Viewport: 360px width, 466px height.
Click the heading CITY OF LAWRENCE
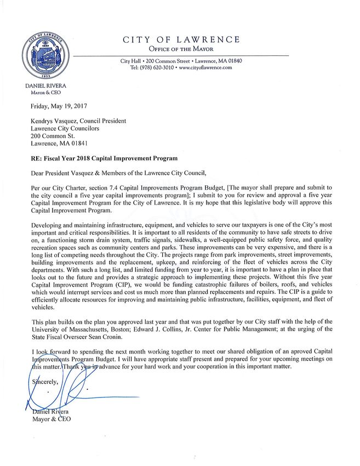181,39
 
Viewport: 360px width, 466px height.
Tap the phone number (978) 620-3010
152,67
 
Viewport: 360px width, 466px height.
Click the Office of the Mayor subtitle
181,49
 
